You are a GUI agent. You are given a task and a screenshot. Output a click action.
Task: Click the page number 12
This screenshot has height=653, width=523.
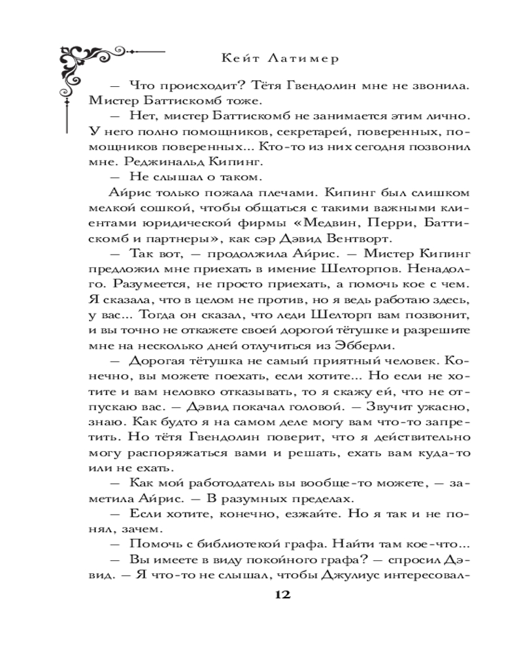pos(282,595)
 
